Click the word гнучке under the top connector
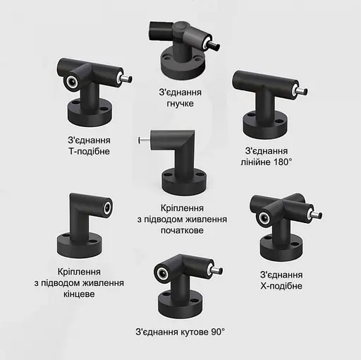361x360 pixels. click(180, 104)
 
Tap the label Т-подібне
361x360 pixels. click(89, 151)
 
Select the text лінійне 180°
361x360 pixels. click(267, 162)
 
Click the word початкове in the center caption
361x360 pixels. click(182, 230)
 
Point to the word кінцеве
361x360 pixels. click(79, 294)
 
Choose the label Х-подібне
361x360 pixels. click(281, 286)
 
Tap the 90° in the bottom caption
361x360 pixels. click(218, 332)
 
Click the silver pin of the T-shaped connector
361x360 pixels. click(126, 79)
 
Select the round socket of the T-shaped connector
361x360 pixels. click(71, 83)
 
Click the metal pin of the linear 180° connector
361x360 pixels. click(302, 91)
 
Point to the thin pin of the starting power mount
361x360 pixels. click(145, 140)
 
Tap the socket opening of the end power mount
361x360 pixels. click(108, 208)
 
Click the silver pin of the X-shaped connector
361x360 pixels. click(317, 215)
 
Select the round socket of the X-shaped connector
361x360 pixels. click(264, 218)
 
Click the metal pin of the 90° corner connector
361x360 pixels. click(217, 270)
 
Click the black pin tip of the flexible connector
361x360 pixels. click(214, 46)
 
